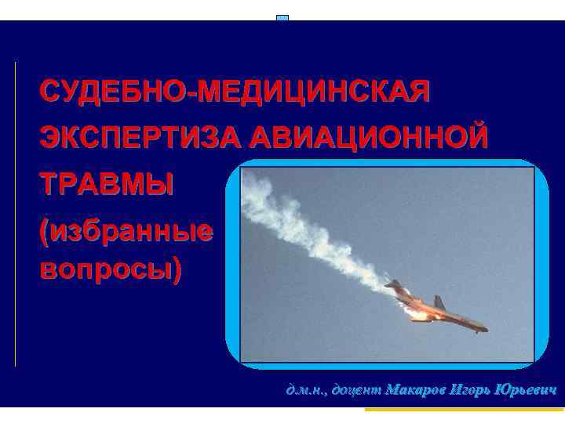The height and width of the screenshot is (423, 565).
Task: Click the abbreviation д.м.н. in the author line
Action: pos(305,389)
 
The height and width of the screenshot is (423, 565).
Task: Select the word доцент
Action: pos(355,389)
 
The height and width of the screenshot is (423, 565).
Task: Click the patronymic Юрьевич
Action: pos(526,389)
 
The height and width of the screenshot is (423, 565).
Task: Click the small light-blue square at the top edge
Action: pos(282,17)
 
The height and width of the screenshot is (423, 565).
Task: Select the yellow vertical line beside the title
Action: pos(16,211)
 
